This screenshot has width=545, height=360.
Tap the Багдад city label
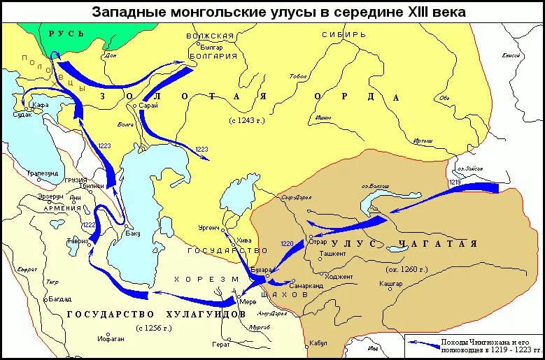[x=60, y=298]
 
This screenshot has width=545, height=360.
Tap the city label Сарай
[x=148, y=105]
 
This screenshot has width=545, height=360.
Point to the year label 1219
[x=455, y=182]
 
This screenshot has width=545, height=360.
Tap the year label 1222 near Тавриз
[x=88, y=224]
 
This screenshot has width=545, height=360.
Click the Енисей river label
[x=511, y=55]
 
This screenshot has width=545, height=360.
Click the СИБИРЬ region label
[x=344, y=34]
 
